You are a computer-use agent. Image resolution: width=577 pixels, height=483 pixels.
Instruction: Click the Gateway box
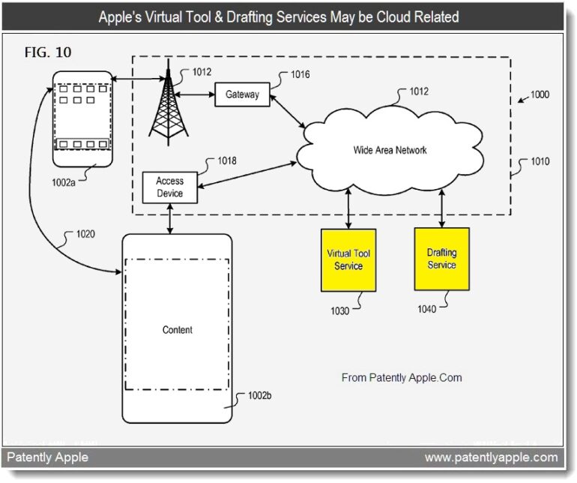241,94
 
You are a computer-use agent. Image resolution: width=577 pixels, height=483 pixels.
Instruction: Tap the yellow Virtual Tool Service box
348,259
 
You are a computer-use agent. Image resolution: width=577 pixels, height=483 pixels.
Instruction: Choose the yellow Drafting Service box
441,259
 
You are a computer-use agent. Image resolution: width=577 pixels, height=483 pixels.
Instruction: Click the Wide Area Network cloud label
390,150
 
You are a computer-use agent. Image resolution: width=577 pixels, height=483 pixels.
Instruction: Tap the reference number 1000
539,94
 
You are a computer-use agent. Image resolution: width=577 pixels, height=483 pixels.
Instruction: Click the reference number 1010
539,161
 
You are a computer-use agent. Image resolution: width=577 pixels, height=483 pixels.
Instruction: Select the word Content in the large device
178,330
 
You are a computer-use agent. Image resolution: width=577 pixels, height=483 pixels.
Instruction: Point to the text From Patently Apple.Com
402,377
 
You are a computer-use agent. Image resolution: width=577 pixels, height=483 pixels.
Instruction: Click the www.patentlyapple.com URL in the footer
491,457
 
